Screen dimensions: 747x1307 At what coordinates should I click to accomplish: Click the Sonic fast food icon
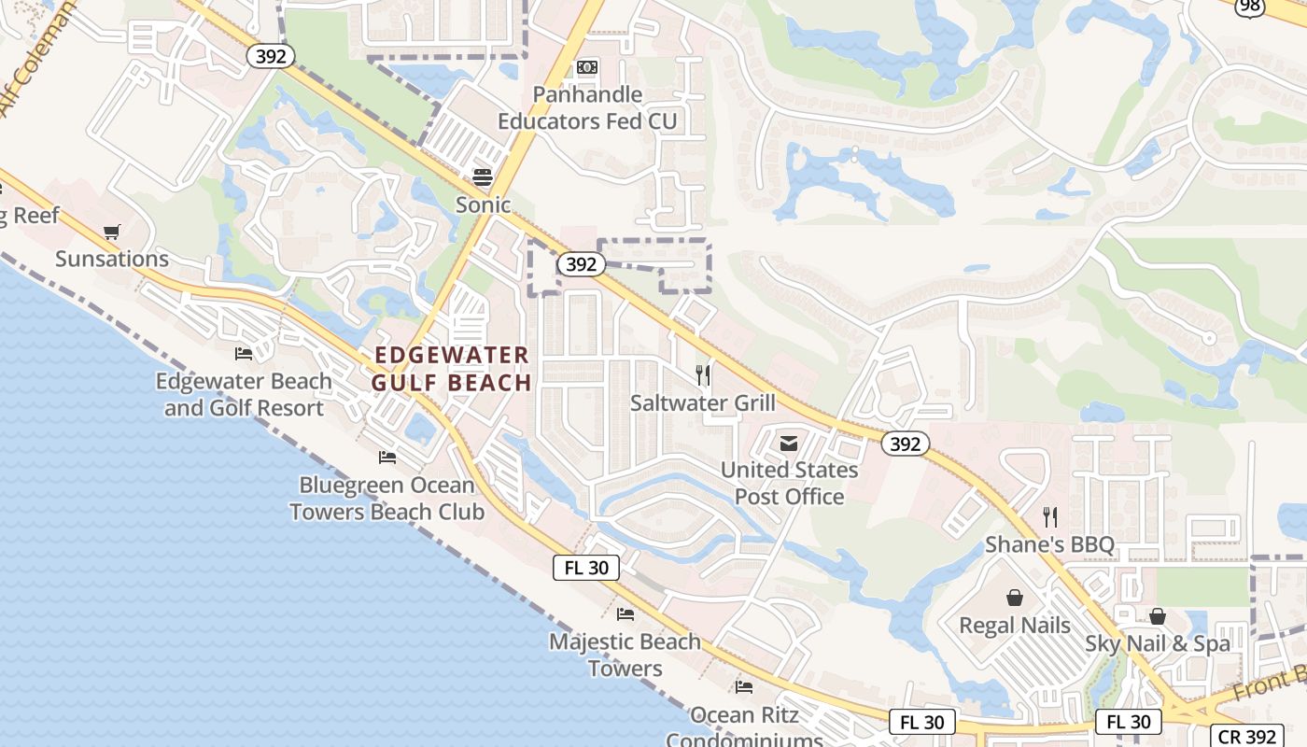483,176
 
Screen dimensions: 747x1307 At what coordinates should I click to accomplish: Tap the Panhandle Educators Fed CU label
587,108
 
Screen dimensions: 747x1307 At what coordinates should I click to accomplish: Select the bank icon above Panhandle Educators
587,67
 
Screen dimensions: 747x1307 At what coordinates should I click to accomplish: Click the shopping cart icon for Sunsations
112,232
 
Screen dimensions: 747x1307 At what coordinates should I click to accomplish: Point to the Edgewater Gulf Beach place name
452,369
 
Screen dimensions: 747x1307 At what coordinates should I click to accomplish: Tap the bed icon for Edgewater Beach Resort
244,354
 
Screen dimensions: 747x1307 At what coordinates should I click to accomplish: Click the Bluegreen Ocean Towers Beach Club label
386,499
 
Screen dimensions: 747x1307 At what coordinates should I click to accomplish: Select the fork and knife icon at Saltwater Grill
703,375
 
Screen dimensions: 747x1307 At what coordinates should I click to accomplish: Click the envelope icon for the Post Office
789,443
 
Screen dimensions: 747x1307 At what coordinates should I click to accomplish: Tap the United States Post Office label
789,483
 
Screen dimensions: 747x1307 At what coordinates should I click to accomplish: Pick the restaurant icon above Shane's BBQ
1050,517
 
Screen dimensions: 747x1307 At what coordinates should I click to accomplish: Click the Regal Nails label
1015,625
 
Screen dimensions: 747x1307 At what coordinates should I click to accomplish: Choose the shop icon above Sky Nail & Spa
1158,616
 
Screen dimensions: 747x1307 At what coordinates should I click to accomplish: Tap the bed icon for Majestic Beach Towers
625,614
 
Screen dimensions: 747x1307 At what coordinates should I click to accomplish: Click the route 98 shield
1251,7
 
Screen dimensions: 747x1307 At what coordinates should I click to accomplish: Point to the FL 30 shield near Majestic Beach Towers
586,567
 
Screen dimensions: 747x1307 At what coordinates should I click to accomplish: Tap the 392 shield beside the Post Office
905,444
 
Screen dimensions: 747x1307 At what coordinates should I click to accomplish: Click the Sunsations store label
112,259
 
